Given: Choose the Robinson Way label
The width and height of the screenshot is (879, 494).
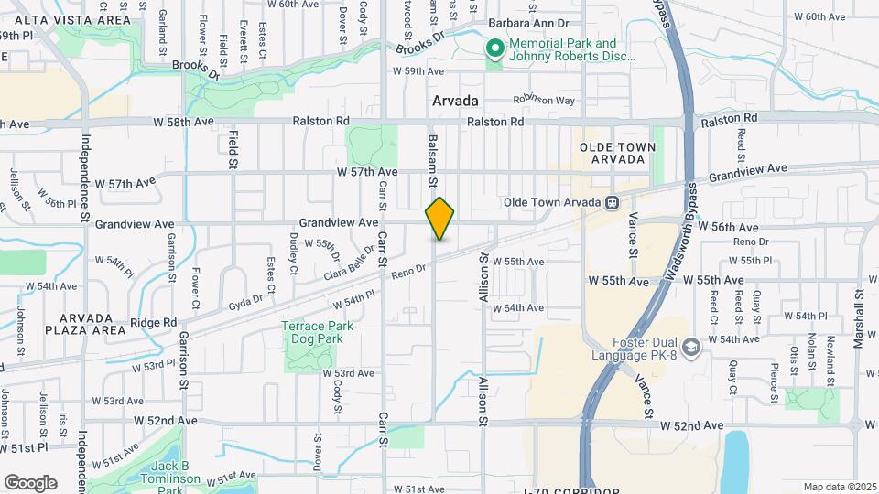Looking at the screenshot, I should pyautogui.click(x=543, y=100).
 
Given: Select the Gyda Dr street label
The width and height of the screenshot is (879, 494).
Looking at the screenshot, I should pyautogui.click(x=245, y=299).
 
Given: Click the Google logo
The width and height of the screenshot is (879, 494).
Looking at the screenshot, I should pyautogui.click(x=30, y=482).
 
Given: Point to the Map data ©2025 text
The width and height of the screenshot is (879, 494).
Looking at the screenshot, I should pyautogui.click(x=837, y=487).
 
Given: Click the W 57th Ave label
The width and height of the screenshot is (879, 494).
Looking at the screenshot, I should pyautogui.click(x=367, y=171).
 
